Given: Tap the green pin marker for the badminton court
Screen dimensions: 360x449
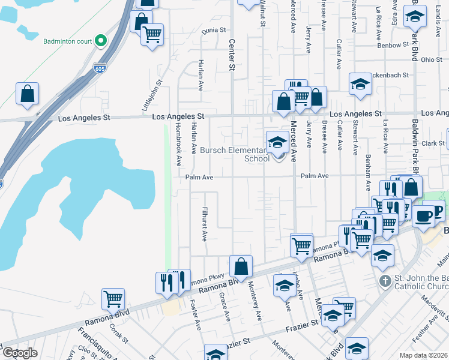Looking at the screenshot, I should (101, 41).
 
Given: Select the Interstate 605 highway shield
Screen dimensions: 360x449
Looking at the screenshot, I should (100, 69).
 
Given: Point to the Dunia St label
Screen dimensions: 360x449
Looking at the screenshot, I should (213, 29).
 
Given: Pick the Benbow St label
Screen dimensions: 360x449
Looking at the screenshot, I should (393, 45).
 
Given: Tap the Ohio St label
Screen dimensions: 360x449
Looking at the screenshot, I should (431, 59).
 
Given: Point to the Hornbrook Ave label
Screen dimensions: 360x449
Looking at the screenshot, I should (178, 145).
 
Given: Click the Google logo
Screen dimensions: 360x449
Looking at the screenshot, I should (20, 353).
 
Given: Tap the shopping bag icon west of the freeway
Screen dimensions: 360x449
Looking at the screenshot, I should (28, 94).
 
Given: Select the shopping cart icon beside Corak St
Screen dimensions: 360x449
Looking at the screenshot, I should (113, 298).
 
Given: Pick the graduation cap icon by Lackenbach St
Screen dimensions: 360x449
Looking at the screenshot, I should (360, 84).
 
